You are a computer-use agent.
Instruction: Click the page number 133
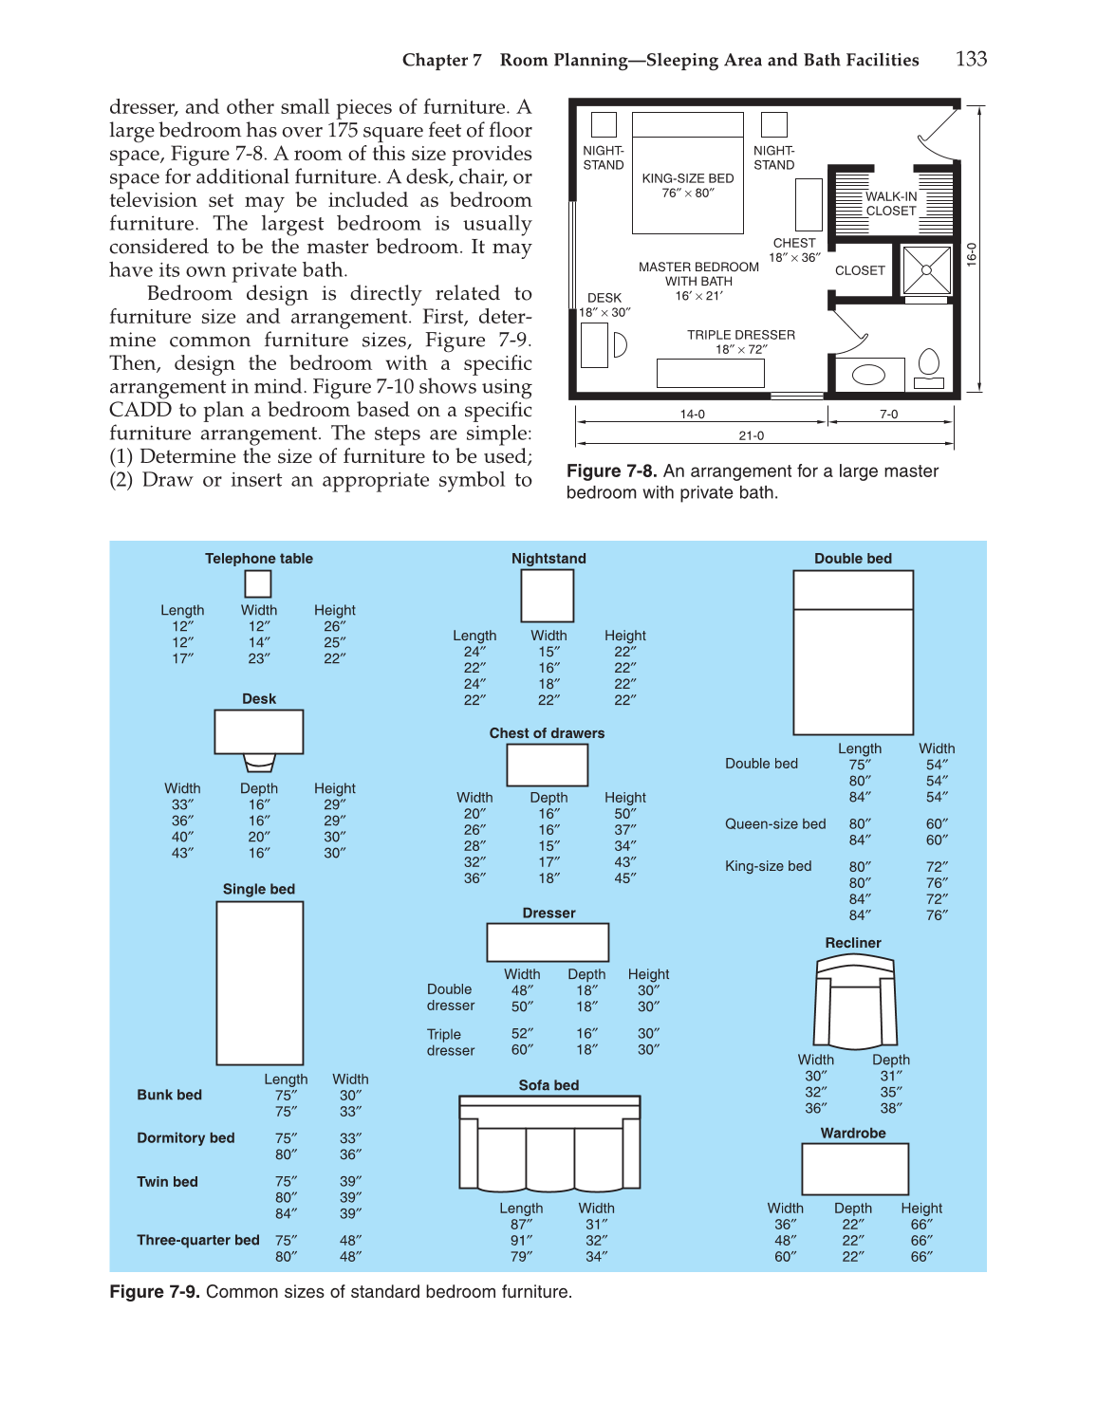pyautogui.click(x=971, y=59)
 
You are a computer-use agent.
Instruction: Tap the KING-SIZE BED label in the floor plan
pyautogui.click(x=688, y=178)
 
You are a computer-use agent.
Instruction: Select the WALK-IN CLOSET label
pyautogui.click(x=891, y=204)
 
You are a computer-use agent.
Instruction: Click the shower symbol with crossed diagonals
pyautogui.click(x=926, y=270)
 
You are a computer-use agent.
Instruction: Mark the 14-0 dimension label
pyautogui.click(x=692, y=415)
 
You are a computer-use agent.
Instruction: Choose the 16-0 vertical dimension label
pyautogui.click(x=972, y=254)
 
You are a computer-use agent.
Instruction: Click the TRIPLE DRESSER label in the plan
pyautogui.click(x=741, y=335)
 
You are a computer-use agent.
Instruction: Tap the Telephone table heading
pyautogui.click(x=259, y=559)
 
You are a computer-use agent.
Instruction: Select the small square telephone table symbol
pyautogui.click(x=258, y=583)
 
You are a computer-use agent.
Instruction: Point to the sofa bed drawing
pyautogui.click(x=549, y=1142)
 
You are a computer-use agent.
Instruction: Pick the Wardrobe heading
pyautogui.click(x=853, y=1134)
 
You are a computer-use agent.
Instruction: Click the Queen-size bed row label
pyautogui.click(x=775, y=824)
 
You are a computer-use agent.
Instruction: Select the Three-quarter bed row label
pyautogui.click(x=197, y=1240)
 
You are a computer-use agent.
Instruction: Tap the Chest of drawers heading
pyautogui.click(x=547, y=733)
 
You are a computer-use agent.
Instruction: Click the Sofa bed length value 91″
pyautogui.click(x=521, y=1241)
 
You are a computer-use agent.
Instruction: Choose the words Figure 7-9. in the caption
pyautogui.click(x=155, y=1292)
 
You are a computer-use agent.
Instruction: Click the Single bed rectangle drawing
pyautogui.click(x=260, y=983)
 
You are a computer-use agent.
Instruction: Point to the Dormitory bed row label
pyautogui.click(x=186, y=1138)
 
